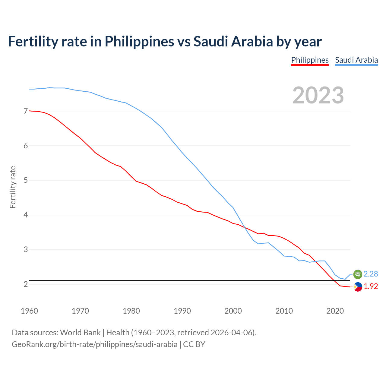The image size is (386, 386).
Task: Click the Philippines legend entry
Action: click(310, 60)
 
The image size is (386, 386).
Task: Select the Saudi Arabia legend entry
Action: click(356, 60)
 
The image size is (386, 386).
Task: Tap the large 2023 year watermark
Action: click(318, 95)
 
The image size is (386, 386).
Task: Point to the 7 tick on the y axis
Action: click(26, 111)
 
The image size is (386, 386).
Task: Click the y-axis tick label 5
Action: click(26, 180)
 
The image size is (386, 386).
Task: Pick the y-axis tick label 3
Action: click(26, 250)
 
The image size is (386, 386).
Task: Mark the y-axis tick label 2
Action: click(26, 284)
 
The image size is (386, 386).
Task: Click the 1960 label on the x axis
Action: click(29, 311)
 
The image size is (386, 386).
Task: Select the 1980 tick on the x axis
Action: click(131, 311)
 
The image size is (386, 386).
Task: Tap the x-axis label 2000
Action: click(233, 311)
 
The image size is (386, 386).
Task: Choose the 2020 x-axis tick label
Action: click(335, 311)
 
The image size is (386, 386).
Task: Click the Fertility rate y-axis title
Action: click(13, 187)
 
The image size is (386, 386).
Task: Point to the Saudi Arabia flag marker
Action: click(358, 274)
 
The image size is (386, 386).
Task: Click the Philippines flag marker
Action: click(358, 287)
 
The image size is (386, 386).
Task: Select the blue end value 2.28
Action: click(371, 274)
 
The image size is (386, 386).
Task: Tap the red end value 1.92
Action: click(371, 286)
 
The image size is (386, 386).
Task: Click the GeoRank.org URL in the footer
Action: click(94, 344)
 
